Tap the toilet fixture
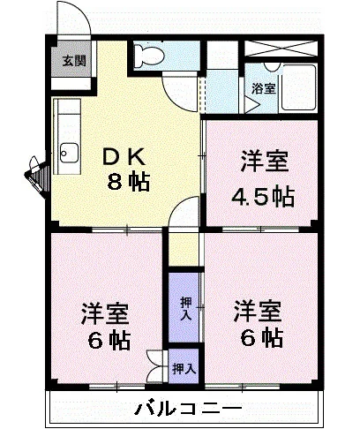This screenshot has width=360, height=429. pos(149,55)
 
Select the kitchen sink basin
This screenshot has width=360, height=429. pos(70,153)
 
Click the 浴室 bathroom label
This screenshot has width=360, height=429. pos(263,88)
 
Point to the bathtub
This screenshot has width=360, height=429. pos(298,87)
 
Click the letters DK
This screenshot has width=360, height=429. pos(124,156)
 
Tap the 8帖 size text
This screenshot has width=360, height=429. pos(129,181)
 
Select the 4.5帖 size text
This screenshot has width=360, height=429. pos(263,196)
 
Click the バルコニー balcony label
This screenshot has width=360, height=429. pos(188,408)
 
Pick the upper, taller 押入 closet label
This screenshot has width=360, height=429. pos(186,309)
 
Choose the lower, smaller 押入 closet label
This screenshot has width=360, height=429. pos(184,369)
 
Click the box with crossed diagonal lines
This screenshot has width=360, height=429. pos(281,49)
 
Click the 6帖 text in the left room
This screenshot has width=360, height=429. pos(109,341)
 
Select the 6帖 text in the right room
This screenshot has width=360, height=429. pos(262,338)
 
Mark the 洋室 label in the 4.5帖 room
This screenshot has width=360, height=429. pos(265,161)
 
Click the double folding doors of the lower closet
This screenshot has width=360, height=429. pos(156,366)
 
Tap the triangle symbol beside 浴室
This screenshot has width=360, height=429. pos(251,105)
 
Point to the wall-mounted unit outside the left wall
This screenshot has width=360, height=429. pos(37,174)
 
